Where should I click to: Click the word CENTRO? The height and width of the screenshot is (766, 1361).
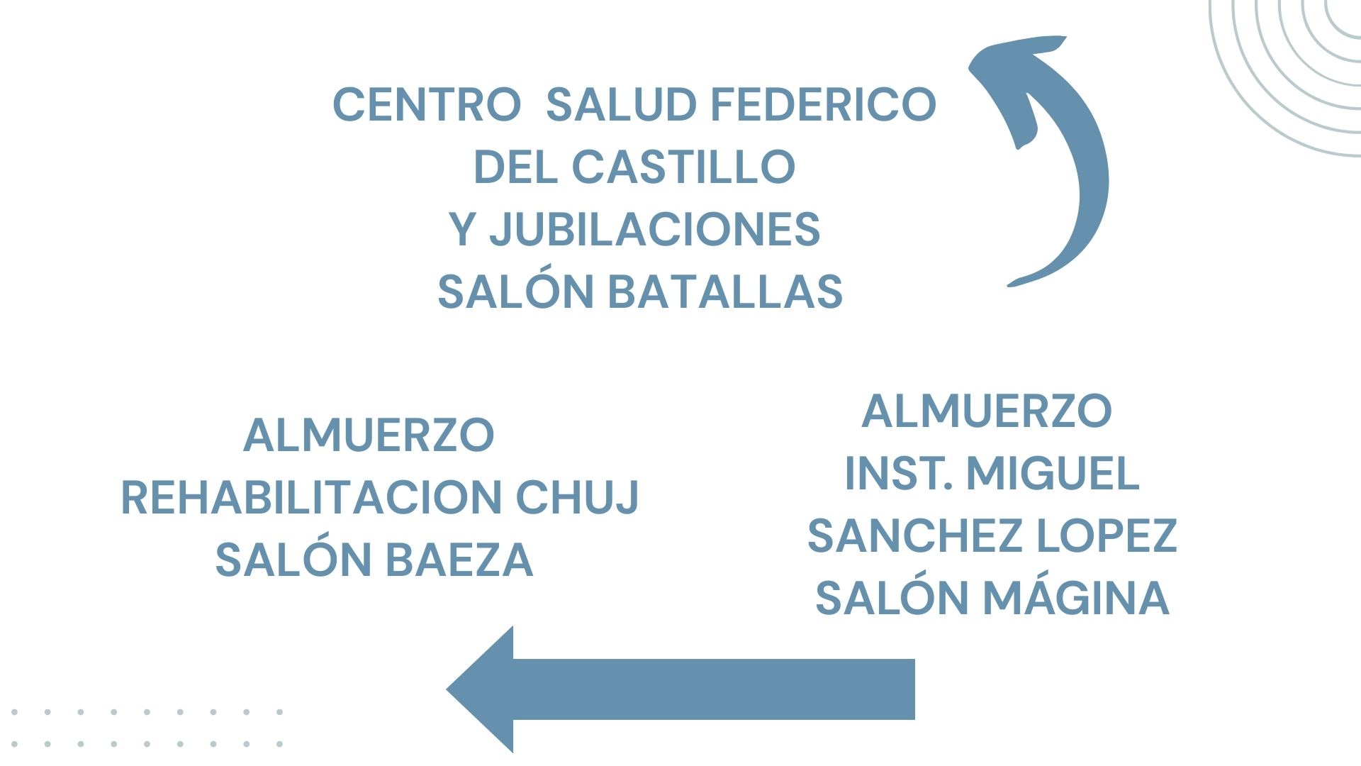427,105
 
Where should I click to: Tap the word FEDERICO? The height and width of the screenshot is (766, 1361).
823,105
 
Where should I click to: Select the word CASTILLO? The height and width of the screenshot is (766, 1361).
683,167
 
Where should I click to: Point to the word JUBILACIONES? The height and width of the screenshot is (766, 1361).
654,230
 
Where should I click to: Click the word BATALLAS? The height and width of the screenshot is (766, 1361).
725,292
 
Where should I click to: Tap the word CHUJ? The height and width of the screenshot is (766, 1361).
577,497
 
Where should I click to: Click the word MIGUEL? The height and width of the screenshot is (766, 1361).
1053,474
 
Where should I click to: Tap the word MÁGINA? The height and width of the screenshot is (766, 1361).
1075,599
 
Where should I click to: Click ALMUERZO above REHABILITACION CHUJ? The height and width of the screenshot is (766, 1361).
369,435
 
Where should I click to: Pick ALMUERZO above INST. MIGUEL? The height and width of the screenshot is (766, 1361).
987,411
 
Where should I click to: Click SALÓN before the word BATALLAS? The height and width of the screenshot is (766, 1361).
515,292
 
